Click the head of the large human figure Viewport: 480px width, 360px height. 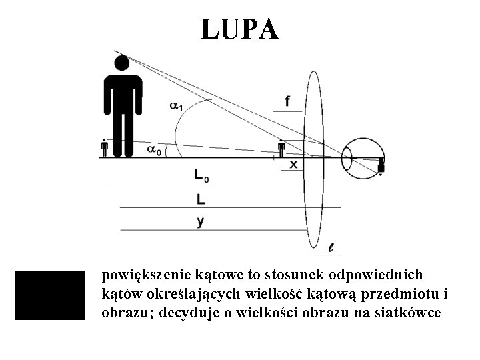click(121, 63)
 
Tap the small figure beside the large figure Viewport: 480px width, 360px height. click(105, 148)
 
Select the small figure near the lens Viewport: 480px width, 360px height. click(281, 149)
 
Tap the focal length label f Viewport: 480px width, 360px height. click(287, 101)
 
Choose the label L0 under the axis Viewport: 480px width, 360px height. click(201, 176)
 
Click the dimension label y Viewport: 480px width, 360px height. click(200, 221)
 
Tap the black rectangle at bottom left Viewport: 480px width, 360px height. click(51, 295)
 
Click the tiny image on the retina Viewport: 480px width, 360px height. click(381, 165)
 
